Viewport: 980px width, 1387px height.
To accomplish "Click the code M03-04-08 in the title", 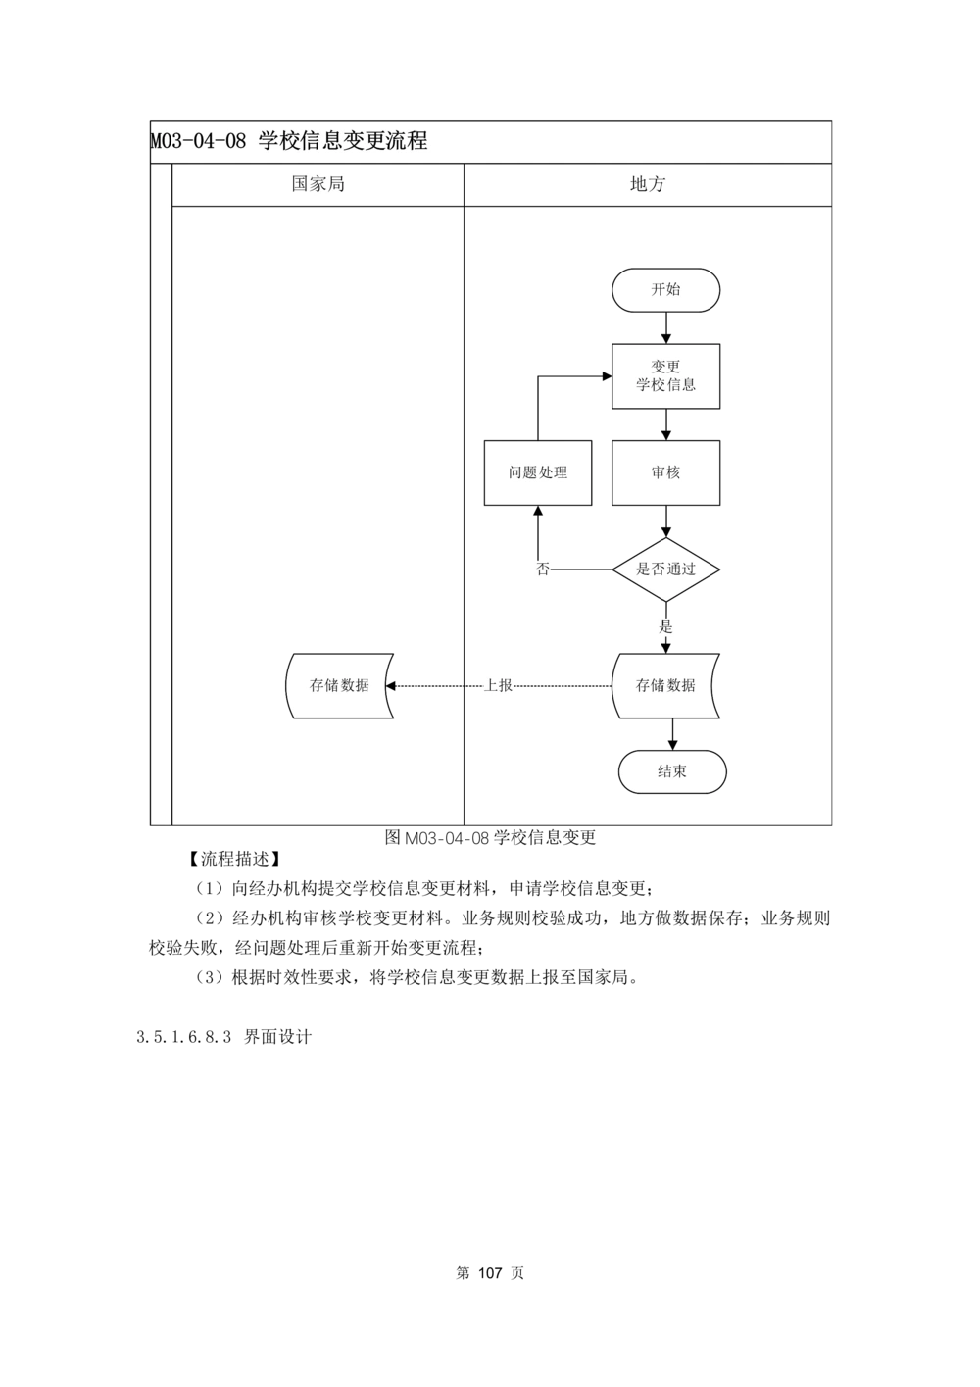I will (199, 141).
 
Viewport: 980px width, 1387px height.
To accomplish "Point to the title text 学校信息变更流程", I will (343, 141).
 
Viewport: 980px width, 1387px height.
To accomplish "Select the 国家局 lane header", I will (318, 184).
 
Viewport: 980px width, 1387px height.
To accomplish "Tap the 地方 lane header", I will (647, 184).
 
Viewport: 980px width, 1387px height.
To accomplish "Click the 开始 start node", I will (666, 290).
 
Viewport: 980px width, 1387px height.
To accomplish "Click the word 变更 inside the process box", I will (666, 367).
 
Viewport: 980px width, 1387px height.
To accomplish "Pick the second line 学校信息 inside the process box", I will (666, 385).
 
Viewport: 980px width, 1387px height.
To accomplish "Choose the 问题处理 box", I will (538, 472).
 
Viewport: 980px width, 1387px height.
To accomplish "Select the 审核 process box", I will (666, 472).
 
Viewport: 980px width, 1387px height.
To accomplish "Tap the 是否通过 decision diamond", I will (666, 569).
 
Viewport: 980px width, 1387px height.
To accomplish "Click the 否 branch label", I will (544, 569).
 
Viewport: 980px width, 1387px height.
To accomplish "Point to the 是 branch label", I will (666, 626).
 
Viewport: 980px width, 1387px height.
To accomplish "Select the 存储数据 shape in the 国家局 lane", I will (339, 685).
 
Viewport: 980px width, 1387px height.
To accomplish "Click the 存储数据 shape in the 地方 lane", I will (666, 685).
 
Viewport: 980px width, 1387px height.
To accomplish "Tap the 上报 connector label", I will (499, 686).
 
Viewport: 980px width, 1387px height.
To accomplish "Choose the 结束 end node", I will (672, 771).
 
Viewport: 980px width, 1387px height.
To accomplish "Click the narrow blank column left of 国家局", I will (161, 490).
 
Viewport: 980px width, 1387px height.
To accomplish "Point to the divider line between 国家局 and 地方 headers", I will (464, 184).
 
